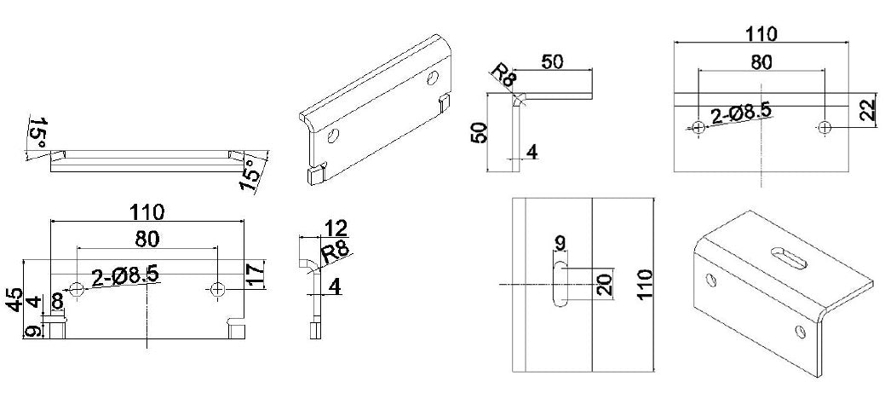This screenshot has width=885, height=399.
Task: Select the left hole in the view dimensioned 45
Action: (78, 289)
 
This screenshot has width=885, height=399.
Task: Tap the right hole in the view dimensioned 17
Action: (217, 289)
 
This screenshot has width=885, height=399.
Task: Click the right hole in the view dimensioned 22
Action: (824, 128)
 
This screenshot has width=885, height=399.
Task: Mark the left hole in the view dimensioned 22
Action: (698, 128)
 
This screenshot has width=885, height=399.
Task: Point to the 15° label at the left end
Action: (37, 133)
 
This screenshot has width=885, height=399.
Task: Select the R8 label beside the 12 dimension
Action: (333, 252)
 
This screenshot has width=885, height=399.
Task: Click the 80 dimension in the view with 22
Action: (761, 62)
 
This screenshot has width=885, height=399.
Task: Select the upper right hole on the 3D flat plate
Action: (433, 79)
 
